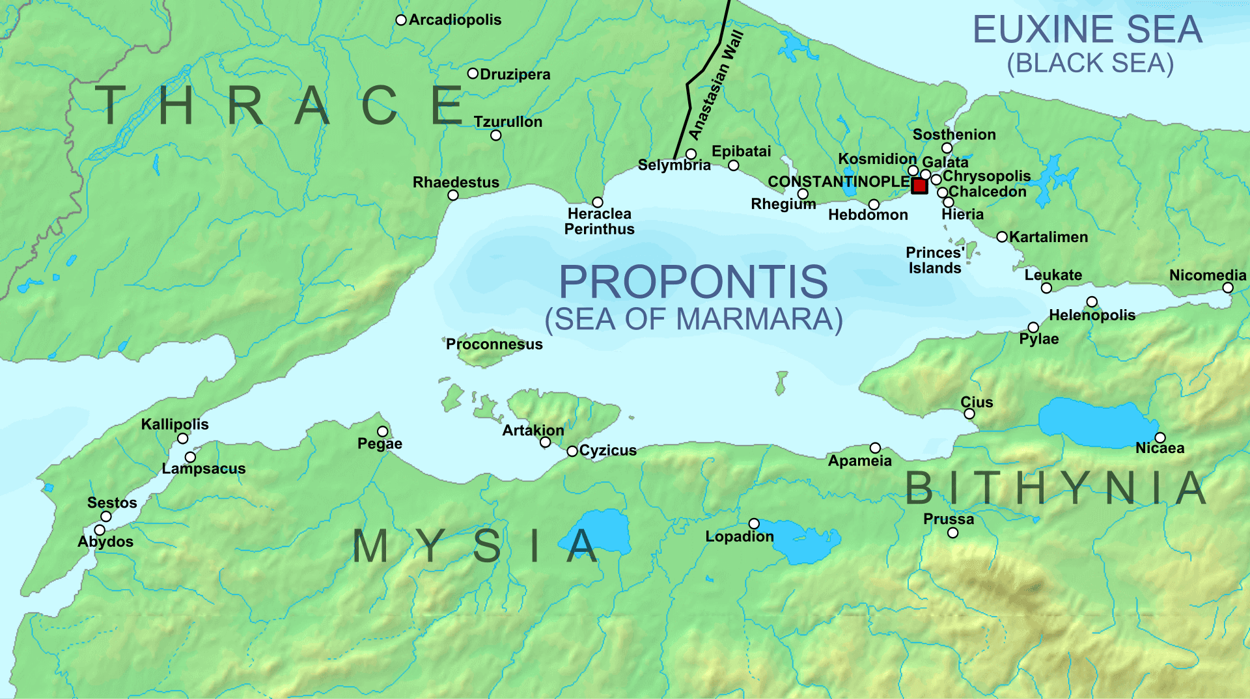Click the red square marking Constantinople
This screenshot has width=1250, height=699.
point(919,186)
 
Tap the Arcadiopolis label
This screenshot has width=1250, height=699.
point(455,20)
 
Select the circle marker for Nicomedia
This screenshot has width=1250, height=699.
point(1228,288)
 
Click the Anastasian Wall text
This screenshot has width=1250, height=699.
point(716,85)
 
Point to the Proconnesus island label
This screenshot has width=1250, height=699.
point(494,344)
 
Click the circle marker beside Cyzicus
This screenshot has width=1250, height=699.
point(572,451)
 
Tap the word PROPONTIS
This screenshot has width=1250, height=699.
point(693,282)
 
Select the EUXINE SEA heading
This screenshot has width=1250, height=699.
point(1087,30)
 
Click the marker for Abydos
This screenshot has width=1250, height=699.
point(100,530)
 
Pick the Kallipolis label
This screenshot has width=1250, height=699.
point(174,424)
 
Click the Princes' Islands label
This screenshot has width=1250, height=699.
point(935,260)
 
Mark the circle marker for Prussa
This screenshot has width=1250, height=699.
point(953,533)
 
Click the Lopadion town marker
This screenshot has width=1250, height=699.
point(754,524)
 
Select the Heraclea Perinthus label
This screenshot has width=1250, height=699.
point(599,221)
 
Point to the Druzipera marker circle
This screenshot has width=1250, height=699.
point(473,74)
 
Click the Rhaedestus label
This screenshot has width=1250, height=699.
point(456,182)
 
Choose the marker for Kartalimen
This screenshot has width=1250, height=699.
point(1003,237)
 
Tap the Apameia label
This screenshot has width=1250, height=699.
point(859,461)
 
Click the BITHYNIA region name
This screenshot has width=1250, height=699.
point(1056,488)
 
